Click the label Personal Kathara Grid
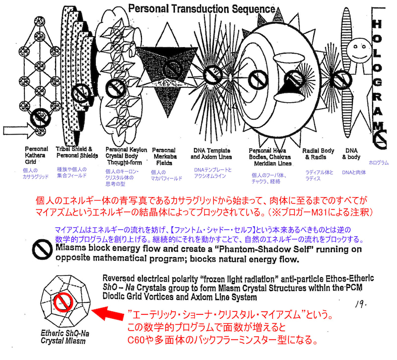click(36, 155)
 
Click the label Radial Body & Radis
click(318, 154)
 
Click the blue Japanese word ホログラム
click(379, 162)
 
